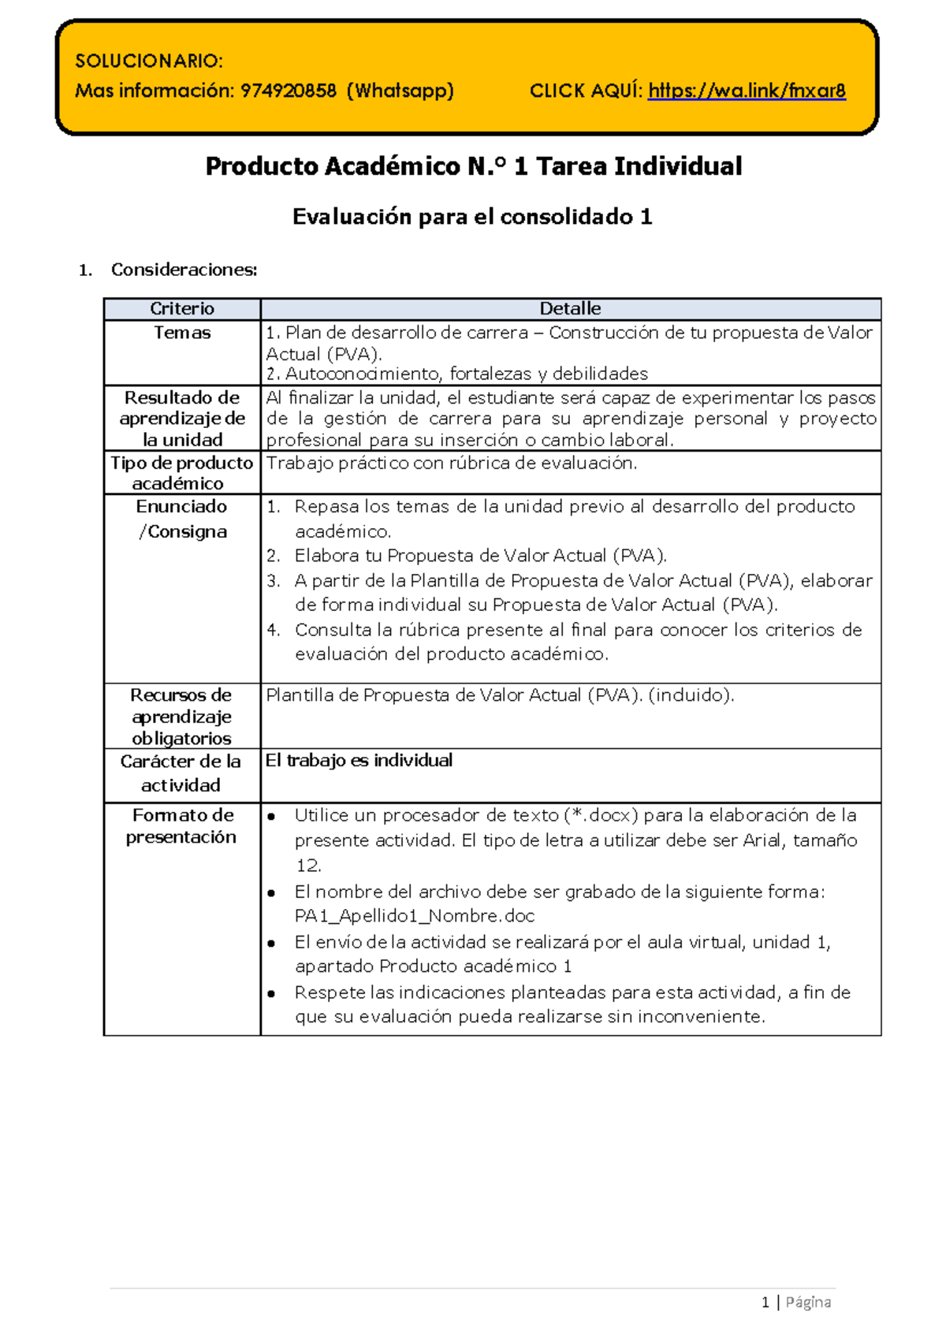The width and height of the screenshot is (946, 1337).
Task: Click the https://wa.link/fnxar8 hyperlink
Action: (x=746, y=91)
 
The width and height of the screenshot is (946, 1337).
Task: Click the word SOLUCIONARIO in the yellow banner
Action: (x=148, y=61)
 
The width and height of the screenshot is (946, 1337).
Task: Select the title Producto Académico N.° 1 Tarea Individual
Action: (x=473, y=166)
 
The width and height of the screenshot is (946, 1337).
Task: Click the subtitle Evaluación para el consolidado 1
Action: (x=472, y=217)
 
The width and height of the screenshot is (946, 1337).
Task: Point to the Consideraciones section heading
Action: (x=184, y=270)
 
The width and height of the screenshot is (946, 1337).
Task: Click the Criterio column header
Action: (x=182, y=308)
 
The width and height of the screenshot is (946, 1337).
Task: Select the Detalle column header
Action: (x=570, y=308)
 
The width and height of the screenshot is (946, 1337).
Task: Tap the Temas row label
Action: (x=182, y=333)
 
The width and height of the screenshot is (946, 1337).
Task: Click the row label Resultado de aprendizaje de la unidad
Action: (x=182, y=418)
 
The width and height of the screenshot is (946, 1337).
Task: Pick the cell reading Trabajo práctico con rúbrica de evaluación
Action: (x=451, y=463)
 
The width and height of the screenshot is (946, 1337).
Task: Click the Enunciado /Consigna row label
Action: (x=182, y=519)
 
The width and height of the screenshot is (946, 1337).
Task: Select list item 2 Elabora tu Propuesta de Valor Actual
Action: (x=480, y=556)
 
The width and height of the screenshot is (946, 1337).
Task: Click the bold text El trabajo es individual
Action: (x=359, y=760)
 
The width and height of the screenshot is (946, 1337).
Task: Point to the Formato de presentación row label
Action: (x=182, y=825)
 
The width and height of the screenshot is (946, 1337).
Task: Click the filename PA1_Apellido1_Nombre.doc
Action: (x=415, y=916)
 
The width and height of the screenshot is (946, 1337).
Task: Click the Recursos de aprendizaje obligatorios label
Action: (x=182, y=717)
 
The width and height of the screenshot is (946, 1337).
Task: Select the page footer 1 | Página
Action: (x=796, y=1302)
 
